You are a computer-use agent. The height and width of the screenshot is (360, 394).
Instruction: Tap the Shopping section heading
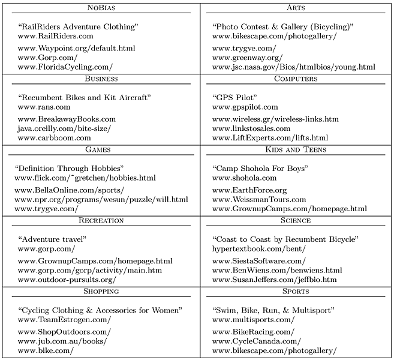click(101, 291)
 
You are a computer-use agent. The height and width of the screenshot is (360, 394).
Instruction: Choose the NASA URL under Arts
click(294, 67)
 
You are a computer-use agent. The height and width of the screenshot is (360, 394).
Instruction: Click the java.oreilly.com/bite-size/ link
click(64, 128)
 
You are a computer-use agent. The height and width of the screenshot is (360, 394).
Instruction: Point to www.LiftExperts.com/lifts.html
click(270, 137)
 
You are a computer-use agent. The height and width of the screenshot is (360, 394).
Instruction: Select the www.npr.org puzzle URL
click(101, 199)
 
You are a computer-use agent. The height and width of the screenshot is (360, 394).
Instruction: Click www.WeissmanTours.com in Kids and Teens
click(264, 199)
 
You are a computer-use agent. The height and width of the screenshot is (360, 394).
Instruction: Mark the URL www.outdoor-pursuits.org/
click(67, 279)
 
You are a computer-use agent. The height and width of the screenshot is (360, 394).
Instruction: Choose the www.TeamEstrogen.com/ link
click(64, 320)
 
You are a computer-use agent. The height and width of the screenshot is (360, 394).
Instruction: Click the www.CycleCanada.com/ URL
click(254, 341)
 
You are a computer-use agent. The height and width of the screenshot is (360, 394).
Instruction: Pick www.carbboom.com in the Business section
click(54, 137)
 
